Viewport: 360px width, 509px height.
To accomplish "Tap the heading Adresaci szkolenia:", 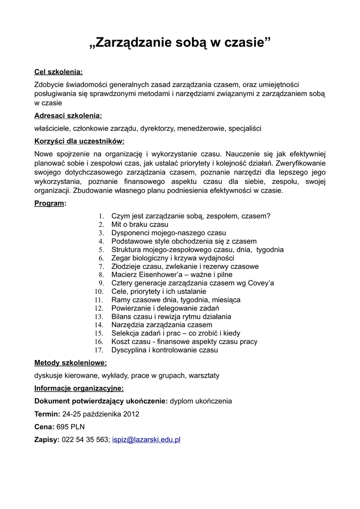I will pyautogui.click(x=68, y=116).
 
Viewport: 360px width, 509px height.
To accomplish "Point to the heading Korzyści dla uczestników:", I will pyautogui.click(x=79, y=141).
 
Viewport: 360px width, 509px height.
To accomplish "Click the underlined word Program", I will pyautogui.click(x=49, y=203).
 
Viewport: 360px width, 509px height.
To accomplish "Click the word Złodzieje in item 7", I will pyautogui.click(x=126, y=266).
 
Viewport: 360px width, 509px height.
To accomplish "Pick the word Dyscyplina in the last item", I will pyautogui.click(x=130, y=350).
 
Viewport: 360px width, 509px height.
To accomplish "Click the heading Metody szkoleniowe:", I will pyautogui.click(x=70, y=363).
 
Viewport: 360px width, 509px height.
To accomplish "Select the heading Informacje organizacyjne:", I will pyautogui.click(x=79, y=388).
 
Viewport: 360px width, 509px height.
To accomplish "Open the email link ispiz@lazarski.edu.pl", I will pyautogui.click(x=146, y=439).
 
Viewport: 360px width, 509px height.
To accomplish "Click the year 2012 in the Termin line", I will pyautogui.click(x=131, y=414).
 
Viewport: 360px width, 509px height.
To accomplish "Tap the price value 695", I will pyautogui.click(x=63, y=426).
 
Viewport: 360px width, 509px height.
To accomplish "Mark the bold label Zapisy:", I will pyautogui.click(x=47, y=439).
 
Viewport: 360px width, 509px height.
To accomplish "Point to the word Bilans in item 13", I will pyautogui.click(x=122, y=317).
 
